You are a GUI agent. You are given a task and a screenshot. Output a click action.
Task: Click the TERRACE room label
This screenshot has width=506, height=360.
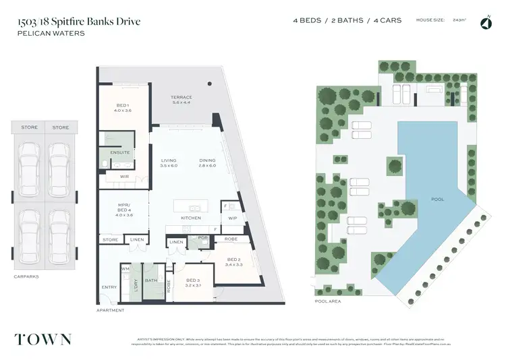[x=182, y=97]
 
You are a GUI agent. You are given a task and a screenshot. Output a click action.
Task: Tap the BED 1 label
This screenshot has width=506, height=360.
[x=123, y=107]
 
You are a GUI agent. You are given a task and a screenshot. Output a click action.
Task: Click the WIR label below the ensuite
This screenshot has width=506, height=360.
[x=124, y=177]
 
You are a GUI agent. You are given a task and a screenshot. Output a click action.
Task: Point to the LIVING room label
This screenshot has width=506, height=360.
[x=168, y=160]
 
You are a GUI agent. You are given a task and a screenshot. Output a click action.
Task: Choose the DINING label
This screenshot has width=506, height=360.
[x=207, y=160]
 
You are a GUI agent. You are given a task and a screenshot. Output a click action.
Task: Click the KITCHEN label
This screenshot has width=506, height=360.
[x=191, y=218]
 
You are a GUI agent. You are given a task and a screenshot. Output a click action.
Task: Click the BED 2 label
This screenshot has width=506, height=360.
[x=233, y=260]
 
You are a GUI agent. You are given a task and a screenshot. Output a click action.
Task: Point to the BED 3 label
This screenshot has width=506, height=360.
[x=192, y=280]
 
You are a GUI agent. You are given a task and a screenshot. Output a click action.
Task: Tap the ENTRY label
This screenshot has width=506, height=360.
[x=109, y=288]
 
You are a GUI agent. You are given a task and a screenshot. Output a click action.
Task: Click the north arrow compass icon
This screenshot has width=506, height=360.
[x=485, y=24]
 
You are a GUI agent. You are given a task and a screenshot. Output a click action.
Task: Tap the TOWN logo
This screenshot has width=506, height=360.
[x=41, y=338]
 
